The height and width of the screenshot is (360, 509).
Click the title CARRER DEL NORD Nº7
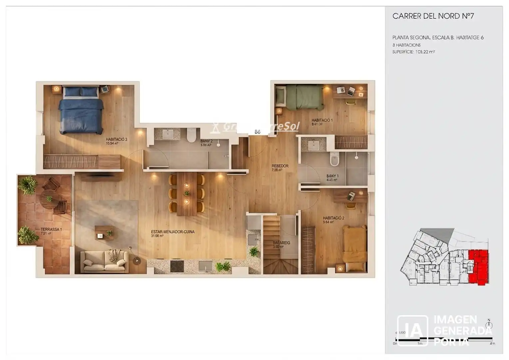(433, 16)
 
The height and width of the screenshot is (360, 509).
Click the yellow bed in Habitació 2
(355, 245)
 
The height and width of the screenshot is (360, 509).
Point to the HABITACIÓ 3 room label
(116, 139)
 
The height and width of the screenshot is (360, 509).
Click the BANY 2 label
(206, 141)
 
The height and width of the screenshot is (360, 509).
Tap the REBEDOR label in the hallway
(280, 166)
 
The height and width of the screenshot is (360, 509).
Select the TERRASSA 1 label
(51, 229)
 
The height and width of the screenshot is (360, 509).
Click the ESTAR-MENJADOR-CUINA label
(173, 232)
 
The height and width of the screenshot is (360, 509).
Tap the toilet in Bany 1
(334, 159)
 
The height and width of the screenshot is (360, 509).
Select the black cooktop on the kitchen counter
(177, 266)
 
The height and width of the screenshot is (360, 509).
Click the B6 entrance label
(257, 132)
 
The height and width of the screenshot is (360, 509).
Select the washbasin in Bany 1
(313, 145)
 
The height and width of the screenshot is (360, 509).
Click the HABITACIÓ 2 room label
(333, 218)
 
